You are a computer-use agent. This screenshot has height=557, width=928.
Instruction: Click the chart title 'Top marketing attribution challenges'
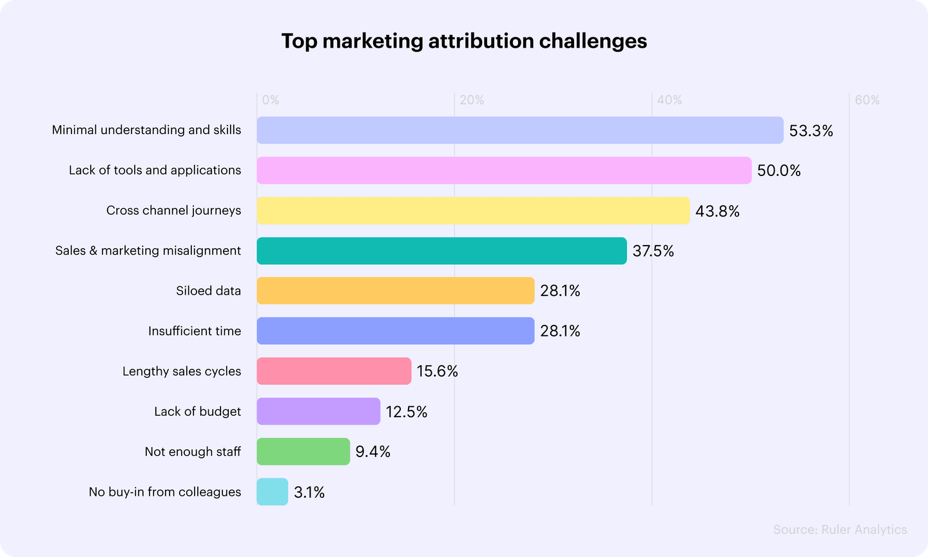[x=464, y=41]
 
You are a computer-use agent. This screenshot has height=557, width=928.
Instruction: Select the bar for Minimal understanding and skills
[x=520, y=130]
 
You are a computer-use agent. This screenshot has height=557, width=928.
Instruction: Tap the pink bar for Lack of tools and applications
[x=504, y=170]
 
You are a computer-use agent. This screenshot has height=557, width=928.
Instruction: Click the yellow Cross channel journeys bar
[x=473, y=211]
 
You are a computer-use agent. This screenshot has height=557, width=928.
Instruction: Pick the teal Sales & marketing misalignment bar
[x=441, y=251]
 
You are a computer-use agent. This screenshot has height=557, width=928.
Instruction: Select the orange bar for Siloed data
[x=396, y=291]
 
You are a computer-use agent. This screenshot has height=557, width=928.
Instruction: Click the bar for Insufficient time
[x=396, y=331]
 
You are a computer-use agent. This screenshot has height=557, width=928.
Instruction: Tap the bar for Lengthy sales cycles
[x=334, y=371]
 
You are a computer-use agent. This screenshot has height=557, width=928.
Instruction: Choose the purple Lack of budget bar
[x=318, y=411]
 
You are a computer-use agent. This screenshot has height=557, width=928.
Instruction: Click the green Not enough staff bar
[x=303, y=451]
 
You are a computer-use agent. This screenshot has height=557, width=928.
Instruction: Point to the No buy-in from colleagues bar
[x=272, y=492]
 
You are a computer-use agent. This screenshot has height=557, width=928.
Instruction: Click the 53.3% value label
[x=811, y=131]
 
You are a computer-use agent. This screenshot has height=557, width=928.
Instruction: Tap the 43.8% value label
[x=717, y=211]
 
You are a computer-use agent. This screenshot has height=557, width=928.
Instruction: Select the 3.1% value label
[x=309, y=493]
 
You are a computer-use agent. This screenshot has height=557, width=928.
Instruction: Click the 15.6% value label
[x=437, y=371]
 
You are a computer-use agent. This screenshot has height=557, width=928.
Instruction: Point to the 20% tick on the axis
[x=472, y=100]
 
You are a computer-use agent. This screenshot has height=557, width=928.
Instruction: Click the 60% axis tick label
[x=867, y=100]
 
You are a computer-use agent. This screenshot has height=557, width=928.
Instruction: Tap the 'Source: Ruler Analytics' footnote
[x=840, y=530]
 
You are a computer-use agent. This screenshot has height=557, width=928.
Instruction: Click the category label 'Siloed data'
[x=208, y=291]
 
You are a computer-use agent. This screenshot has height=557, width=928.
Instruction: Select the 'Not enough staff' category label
[x=193, y=451]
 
